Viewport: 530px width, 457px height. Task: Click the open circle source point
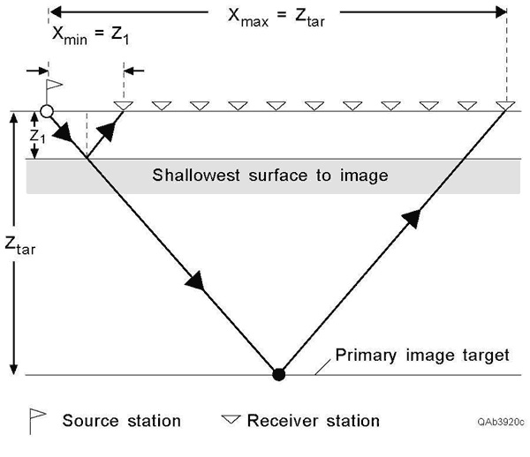(x=47, y=112)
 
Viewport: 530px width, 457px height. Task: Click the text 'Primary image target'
(x=422, y=356)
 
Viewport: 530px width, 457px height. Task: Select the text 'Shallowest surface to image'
(x=270, y=175)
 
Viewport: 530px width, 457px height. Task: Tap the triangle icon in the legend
(x=232, y=420)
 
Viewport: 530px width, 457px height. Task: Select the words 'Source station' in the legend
(x=121, y=421)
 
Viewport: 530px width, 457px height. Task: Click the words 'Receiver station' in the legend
(x=314, y=421)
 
